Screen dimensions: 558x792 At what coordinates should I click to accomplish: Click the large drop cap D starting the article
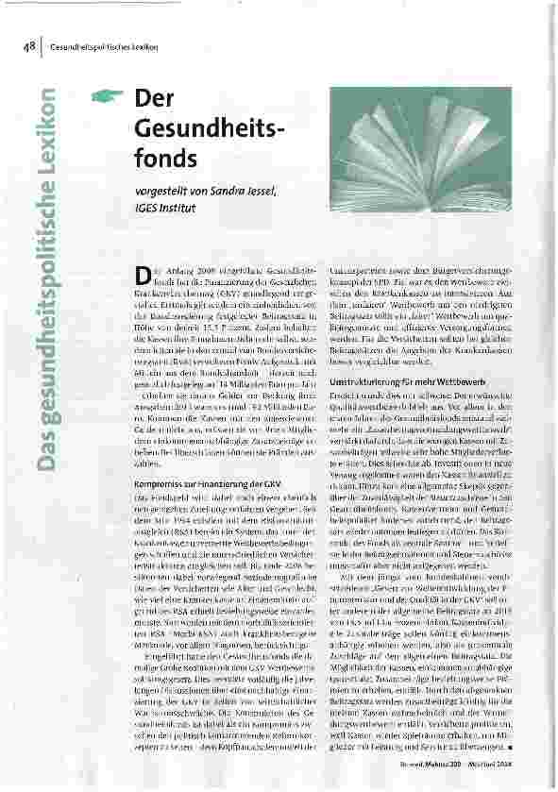[x=142, y=275]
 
